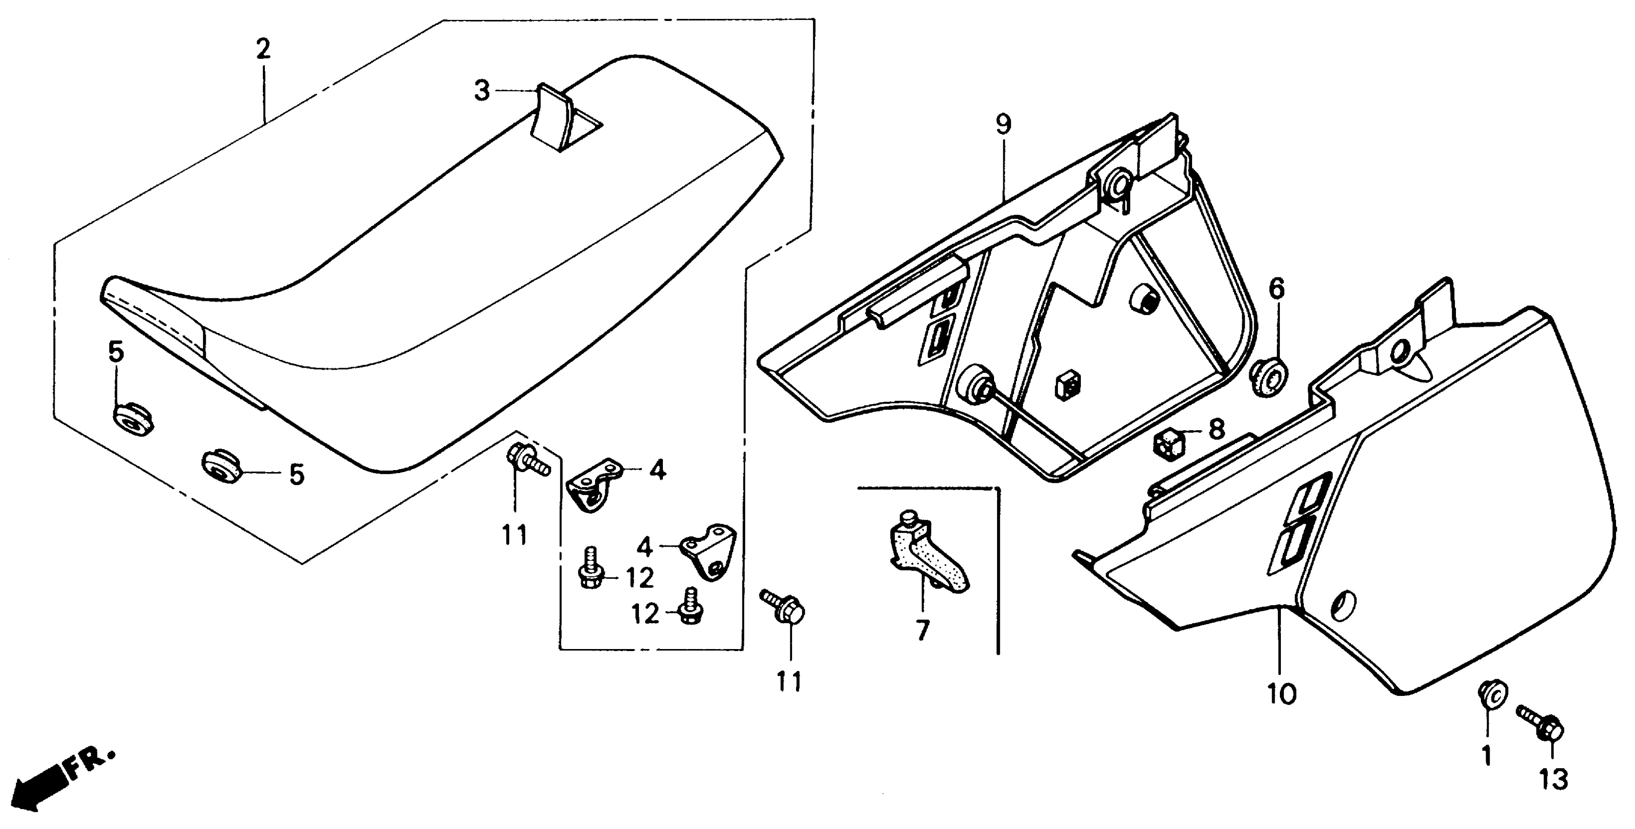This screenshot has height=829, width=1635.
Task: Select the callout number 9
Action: point(1003,125)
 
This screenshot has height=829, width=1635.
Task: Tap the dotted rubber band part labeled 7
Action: point(927,556)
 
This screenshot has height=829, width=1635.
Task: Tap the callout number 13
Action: point(1553,779)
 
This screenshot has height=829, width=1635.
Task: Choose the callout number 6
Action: point(1276,289)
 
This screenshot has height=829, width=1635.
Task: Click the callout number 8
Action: point(1216,430)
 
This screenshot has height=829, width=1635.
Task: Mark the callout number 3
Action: point(482,91)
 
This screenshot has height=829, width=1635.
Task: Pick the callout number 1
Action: point(1487,755)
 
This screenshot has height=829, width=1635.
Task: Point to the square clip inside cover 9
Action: point(1068,385)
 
